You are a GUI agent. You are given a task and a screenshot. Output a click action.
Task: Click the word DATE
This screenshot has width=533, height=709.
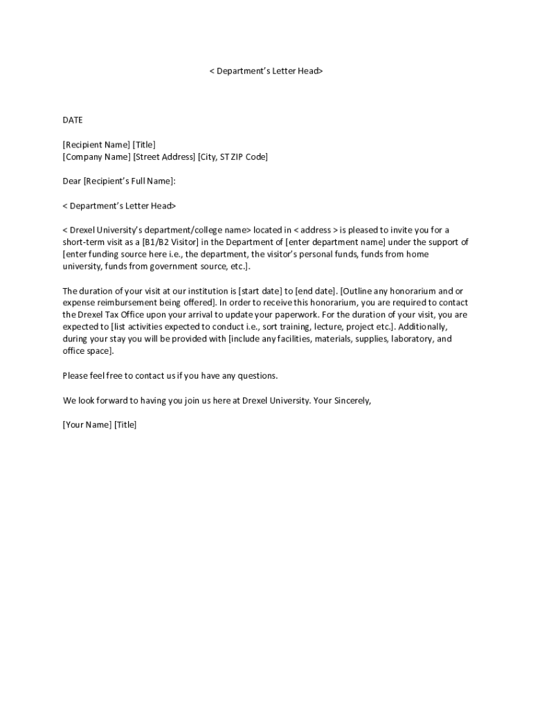tap(73, 120)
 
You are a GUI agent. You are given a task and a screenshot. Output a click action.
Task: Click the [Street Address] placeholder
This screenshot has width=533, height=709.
tap(164, 157)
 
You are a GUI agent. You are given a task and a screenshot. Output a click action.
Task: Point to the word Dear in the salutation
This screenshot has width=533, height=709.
tap(72, 181)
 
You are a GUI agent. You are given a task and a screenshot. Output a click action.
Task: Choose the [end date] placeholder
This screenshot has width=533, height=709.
tap(316, 291)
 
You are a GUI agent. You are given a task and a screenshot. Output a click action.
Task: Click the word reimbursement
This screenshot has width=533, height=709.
tap(127, 303)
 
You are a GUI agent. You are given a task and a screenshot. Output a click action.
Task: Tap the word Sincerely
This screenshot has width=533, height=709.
tap(353, 401)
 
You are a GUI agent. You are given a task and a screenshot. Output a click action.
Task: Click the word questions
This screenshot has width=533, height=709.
tap(258, 376)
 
